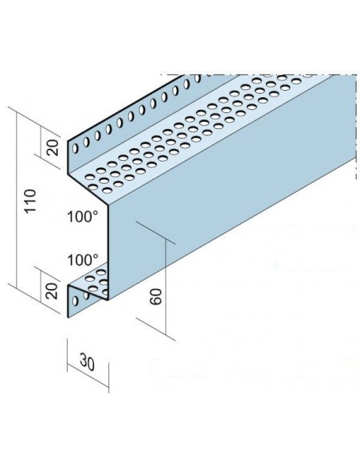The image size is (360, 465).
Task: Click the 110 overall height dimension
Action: [30, 201]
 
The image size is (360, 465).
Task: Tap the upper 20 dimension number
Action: [53, 147]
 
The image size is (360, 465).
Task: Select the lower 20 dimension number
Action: [53, 291]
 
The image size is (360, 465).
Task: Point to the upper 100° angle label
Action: [83, 217]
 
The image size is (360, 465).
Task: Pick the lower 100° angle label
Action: [83, 260]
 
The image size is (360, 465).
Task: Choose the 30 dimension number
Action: [88, 362]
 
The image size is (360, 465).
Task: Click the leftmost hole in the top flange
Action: [76, 148]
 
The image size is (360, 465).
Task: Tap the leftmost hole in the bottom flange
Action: [76, 301]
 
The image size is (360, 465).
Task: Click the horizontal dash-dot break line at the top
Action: [258, 74]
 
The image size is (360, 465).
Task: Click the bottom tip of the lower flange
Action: [68, 318]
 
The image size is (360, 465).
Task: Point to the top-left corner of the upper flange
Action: [68, 142]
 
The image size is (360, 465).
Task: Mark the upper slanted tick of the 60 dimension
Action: [155, 233]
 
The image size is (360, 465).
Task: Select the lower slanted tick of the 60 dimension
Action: [155, 328]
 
